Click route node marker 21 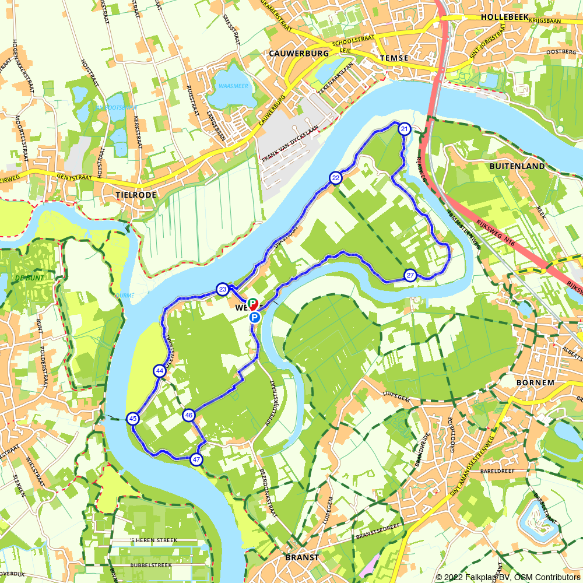(404, 129)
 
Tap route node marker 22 (335, 178)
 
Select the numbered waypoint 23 (222, 289)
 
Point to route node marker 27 (410, 275)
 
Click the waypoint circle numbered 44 (160, 371)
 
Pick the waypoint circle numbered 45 (133, 419)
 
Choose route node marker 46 (188, 415)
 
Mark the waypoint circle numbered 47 (196, 459)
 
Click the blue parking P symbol (255, 317)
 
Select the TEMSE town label (395, 58)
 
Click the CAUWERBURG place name (299, 53)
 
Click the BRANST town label (302, 557)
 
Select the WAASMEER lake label (233, 86)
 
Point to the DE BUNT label (28, 278)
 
